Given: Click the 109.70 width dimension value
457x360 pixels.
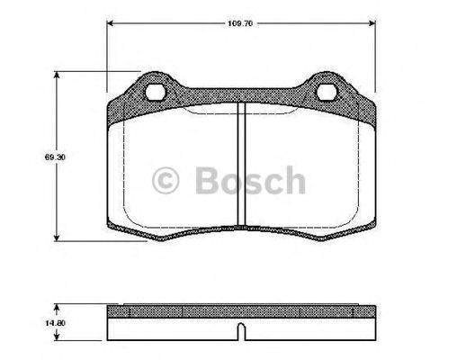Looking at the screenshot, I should pos(238,15).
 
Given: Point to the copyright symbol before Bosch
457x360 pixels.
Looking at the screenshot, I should pos(167,181).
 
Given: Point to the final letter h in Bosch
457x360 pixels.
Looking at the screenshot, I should pos(292,180).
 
